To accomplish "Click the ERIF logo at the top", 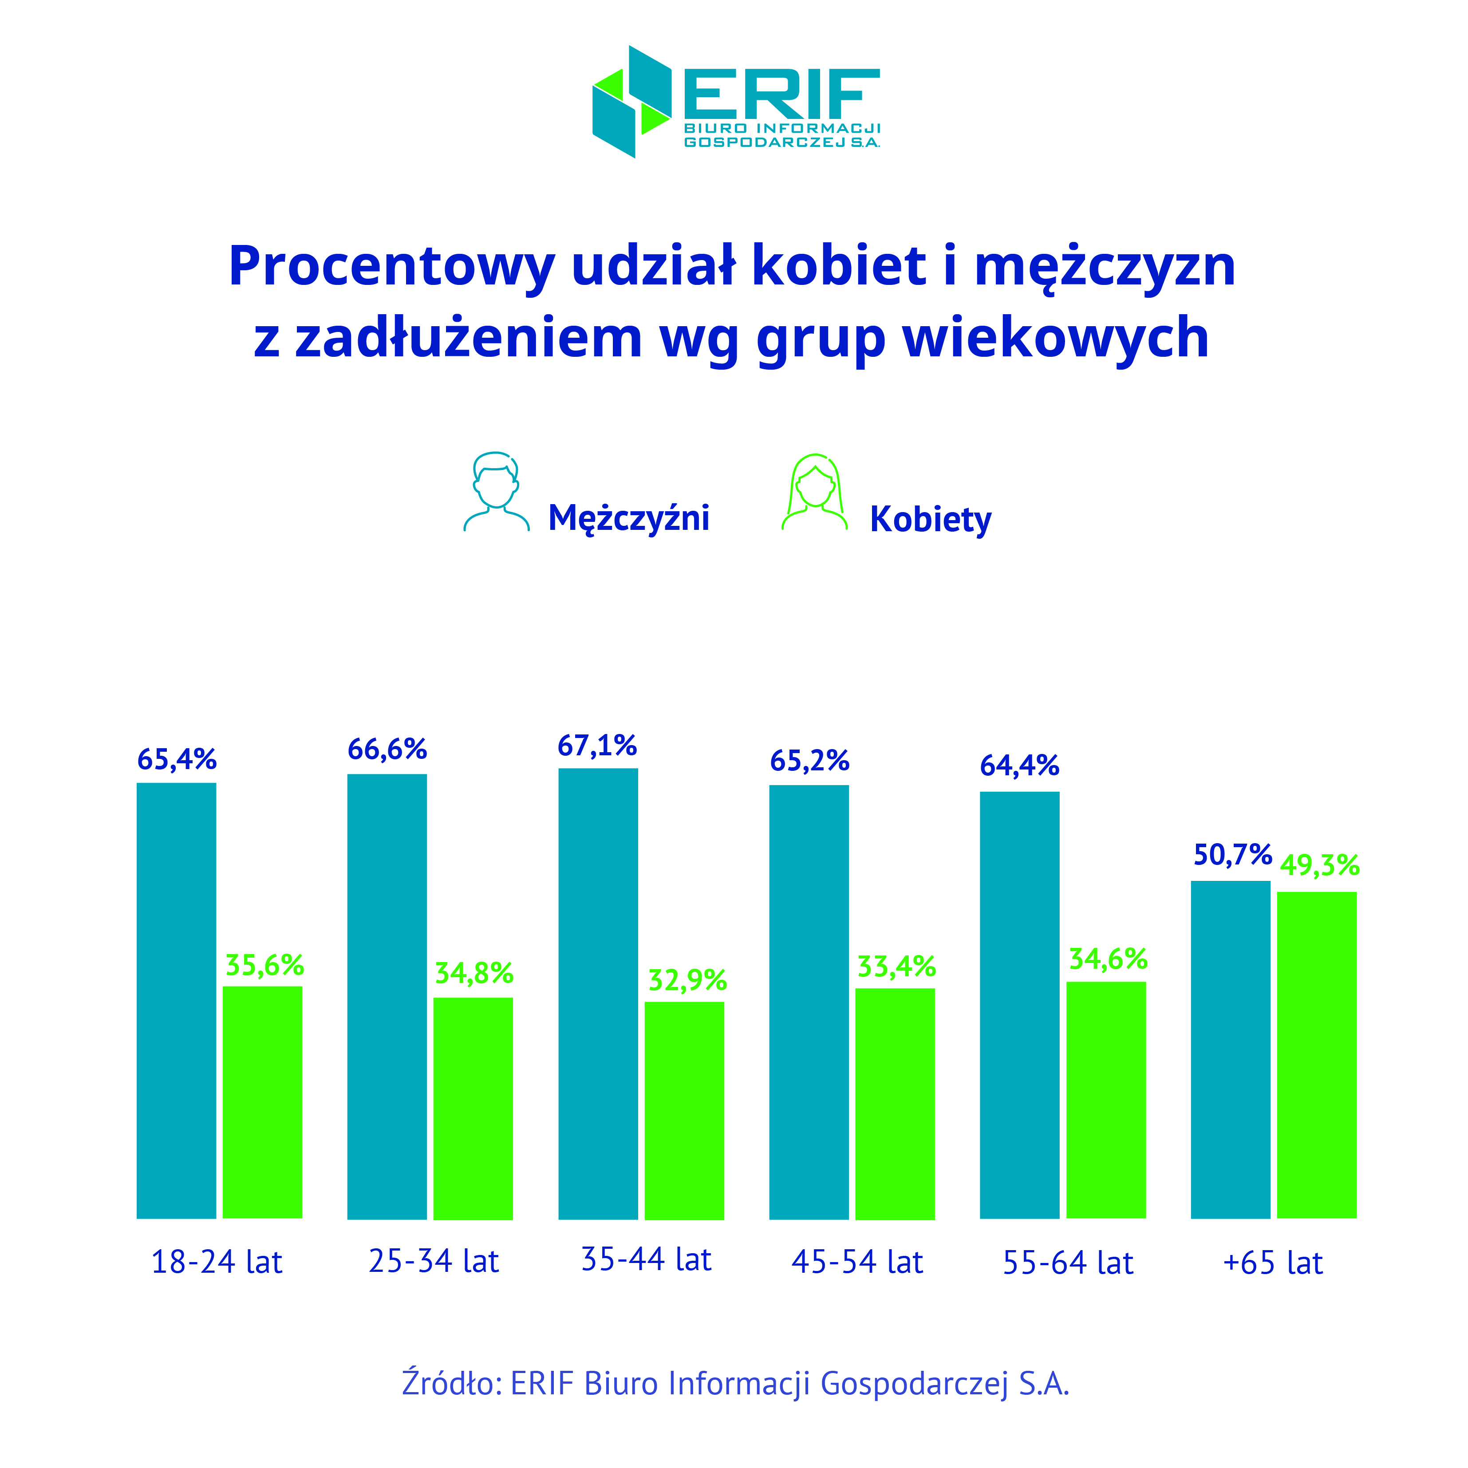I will click(735, 102).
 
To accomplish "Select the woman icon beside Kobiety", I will click(814, 493).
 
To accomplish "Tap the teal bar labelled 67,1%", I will click(598, 994).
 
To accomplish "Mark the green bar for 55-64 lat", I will click(1105, 1100).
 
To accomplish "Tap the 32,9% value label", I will click(687, 980).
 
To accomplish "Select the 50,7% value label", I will click(1232, 855).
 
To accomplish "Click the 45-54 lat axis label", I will click(856, 1262).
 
